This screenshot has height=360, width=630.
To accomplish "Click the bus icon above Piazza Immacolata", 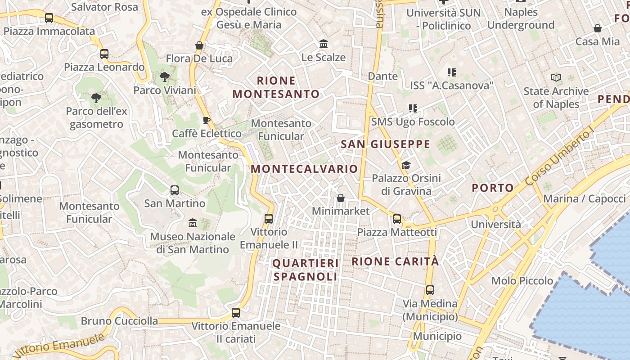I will point(49,18).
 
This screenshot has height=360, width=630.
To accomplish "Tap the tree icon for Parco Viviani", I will point(165,76).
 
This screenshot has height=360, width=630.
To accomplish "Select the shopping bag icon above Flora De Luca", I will point(199,45).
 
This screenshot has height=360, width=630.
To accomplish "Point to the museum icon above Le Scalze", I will point(324,44).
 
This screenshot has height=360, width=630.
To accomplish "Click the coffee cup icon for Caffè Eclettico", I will point(207,120).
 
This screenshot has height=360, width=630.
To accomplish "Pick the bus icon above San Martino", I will point(175,190).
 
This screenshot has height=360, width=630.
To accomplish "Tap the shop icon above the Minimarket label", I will point(341,198).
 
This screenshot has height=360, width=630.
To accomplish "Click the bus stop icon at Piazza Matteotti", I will point(397,219).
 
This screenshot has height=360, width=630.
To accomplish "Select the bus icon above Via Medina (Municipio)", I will point(430,290).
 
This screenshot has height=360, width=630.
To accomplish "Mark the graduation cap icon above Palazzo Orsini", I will point(406,165).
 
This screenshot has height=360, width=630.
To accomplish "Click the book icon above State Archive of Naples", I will point(556,77).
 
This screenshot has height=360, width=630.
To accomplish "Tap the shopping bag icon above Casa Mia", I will point(598,28).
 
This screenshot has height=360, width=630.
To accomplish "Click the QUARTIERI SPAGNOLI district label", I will point(306,270).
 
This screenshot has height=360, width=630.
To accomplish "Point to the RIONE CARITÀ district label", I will point(395,261).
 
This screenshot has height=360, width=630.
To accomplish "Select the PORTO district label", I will point(493,188).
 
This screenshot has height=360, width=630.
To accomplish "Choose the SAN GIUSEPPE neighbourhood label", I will point(386,144).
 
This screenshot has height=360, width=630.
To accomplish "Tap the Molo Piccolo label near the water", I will point(522,281).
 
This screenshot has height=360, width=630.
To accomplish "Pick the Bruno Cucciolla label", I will point(119,321).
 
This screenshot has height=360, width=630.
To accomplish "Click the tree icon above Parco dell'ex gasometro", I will point(96,98).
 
